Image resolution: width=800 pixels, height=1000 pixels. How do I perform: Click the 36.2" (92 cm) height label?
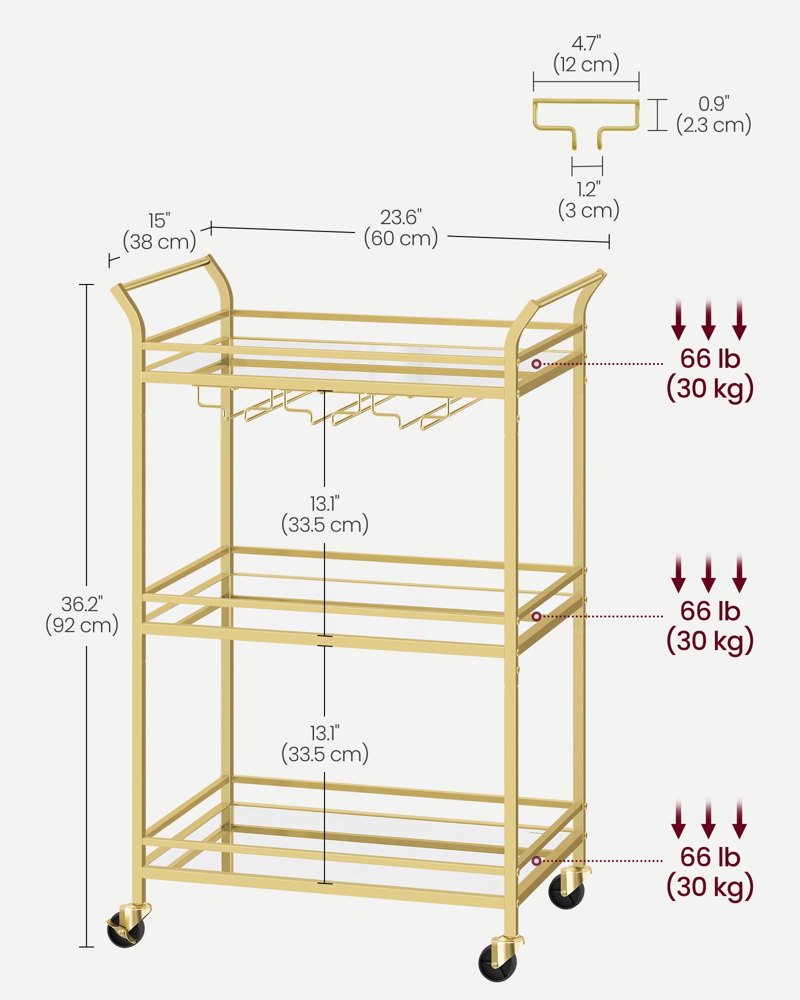click(82, 615)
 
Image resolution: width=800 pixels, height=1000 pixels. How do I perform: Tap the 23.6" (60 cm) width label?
click(401, 228)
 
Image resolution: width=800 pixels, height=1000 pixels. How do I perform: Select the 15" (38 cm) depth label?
click(159, 231)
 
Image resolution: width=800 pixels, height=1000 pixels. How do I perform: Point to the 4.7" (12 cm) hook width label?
click(586, 54)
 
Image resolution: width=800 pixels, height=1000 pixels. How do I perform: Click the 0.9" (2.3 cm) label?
click(714, 114)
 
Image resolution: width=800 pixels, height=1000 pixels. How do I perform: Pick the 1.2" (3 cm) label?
click(588, 200)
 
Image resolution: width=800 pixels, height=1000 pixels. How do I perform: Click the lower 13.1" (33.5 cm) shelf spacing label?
click(325, 744)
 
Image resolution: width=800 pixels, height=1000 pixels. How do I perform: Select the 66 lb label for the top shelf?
click(710, 358)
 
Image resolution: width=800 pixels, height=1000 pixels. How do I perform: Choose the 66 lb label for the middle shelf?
click(710, 611)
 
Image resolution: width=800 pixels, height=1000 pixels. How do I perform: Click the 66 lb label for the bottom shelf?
click(710, 857)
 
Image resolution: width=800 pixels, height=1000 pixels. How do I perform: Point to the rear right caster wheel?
click(567, 888)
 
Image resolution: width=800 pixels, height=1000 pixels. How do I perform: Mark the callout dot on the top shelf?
click(536, 364)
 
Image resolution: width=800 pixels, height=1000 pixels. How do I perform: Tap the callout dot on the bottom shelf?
click(536, 860)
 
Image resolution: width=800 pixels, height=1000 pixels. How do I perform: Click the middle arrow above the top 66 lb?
click(708, 320)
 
